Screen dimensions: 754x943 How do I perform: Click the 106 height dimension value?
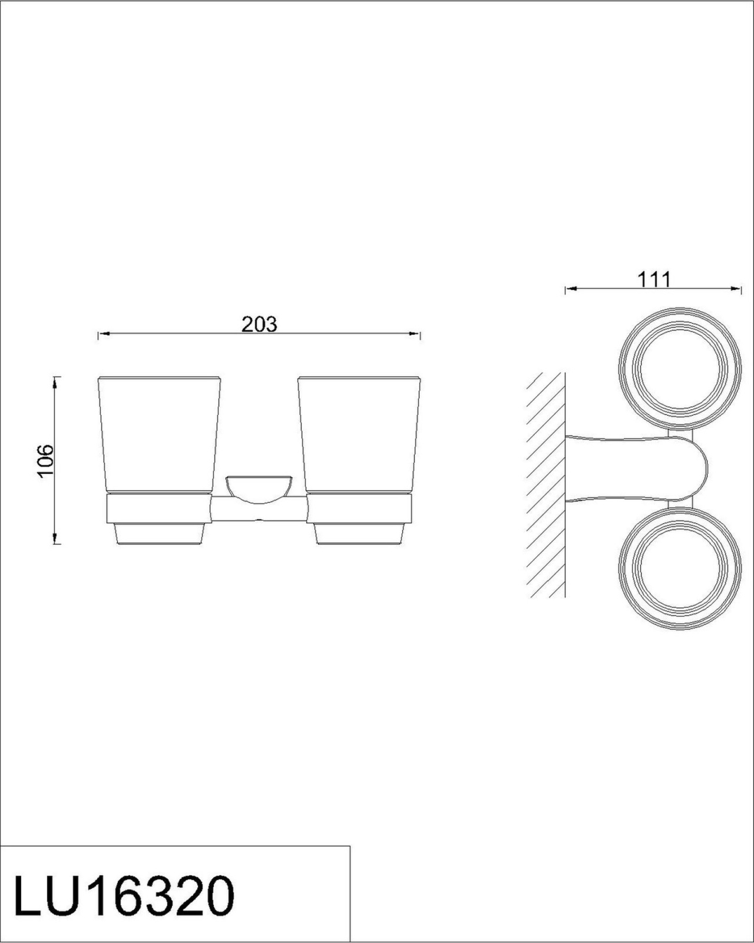click(x=45, y=461)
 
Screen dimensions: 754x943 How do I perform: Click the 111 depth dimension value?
click(x=654, y=279)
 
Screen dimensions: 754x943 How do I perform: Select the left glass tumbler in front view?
click(x=158, y=434)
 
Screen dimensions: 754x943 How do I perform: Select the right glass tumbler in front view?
click(x=359, y=434)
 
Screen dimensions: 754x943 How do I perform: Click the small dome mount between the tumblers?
click(x=259, y=489)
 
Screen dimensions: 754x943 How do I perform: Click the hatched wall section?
click(x=546, y=484)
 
